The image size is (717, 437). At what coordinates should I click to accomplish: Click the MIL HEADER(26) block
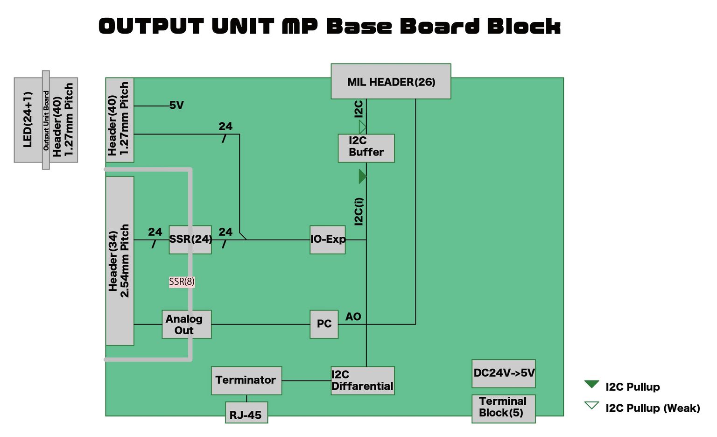coord(391,82)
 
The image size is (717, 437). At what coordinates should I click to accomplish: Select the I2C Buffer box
coord(366,148)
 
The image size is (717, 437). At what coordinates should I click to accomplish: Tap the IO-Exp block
coord(328,240)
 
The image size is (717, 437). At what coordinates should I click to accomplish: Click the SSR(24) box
coord(190,240)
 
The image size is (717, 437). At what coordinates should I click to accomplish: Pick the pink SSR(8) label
coord(182,282)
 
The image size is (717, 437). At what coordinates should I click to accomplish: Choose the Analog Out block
coord(186,324)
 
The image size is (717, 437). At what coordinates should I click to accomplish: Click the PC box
coord(324,324)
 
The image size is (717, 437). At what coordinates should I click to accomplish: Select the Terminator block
coord(246,381)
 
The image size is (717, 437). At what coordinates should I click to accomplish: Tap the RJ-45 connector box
coord(246,413)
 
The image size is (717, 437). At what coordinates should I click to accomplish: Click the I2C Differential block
coord(363,381)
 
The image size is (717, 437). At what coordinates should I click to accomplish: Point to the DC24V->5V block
coord(503,374)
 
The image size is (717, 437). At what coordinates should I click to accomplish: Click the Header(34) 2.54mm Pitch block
coord(119,261)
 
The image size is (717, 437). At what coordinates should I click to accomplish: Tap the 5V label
coord(176,106)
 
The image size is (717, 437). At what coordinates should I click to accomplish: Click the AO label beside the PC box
coord(353,317)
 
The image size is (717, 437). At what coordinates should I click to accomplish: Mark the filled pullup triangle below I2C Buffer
coord(362,176)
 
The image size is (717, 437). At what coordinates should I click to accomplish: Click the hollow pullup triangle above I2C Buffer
coord(362,127)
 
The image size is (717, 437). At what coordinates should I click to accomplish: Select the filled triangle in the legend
coord(591,384)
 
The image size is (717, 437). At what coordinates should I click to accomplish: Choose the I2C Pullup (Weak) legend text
coord(653,408)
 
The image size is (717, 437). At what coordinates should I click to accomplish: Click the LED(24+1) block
coord(28,120)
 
